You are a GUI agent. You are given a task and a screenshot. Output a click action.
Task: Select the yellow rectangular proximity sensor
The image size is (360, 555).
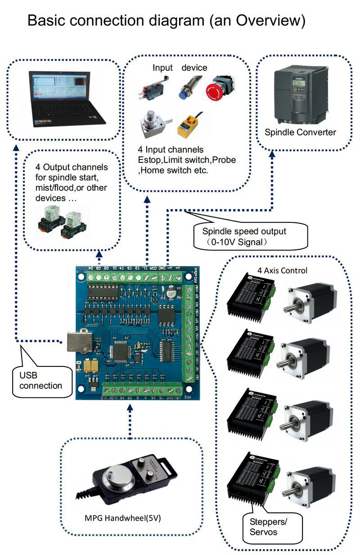point(188,126)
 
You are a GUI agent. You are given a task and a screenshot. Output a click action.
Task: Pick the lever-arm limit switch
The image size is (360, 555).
point(150,89)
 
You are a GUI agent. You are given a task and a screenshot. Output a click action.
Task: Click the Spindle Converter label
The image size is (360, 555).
point(300,132)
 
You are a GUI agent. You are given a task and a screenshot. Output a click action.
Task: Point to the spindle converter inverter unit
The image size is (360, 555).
point(300,93)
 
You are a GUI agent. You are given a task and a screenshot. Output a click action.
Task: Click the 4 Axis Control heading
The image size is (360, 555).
point(282,271)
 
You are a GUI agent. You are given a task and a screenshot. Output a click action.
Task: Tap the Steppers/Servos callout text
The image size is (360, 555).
point(265,528)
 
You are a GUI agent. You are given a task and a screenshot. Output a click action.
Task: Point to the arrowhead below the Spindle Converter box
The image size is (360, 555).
point(272,154)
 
